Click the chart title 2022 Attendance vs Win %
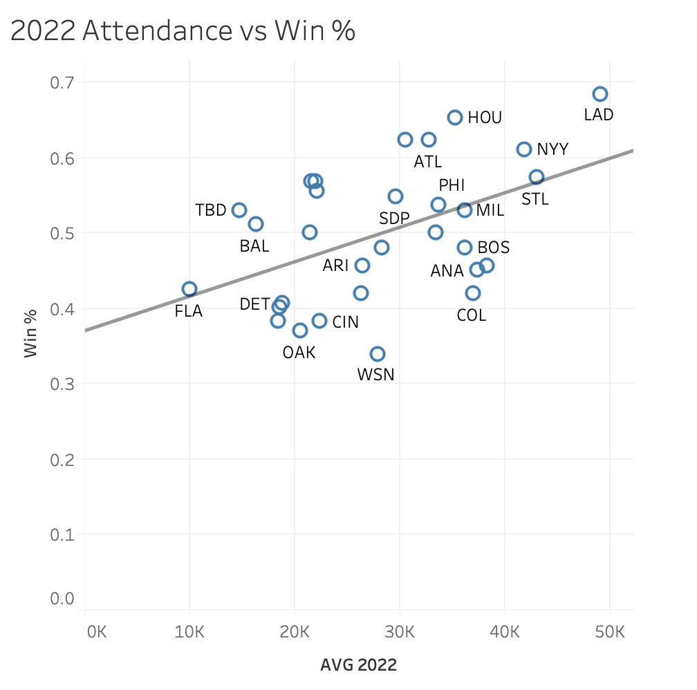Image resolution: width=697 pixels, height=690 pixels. [183, 31]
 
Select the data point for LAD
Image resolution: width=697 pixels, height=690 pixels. [600, 94]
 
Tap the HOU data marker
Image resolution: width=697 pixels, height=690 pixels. [454, 118]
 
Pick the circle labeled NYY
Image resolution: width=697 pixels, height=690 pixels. [523, 149]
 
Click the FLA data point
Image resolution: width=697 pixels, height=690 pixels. [189, 289]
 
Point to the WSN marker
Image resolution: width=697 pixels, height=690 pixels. [377, 354]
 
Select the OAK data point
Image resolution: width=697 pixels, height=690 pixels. [299, 330]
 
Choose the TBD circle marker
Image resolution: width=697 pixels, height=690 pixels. [239, 210]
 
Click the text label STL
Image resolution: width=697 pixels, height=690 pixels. [535, 200]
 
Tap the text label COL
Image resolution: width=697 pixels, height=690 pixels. [472, 316]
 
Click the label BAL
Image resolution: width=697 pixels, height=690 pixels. [254, 246]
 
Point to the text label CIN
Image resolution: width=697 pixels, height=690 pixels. [345, 322]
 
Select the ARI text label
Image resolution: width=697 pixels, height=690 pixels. [335, 265]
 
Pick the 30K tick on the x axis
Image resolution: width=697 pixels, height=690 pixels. [400, 631]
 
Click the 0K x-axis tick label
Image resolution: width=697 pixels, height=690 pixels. [95, 631]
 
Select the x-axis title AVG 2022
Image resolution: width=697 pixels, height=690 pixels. [358, 666]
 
